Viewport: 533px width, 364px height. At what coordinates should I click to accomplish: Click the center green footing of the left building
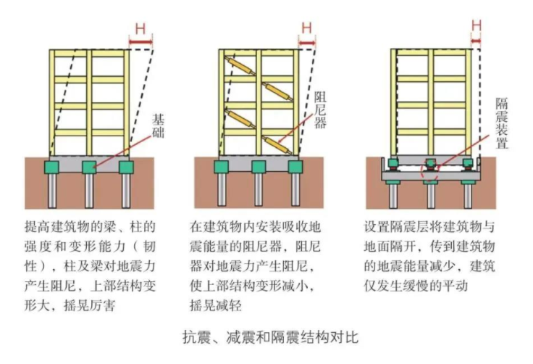(90, 167)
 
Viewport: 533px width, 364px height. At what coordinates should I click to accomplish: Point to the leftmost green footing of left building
(53, 167)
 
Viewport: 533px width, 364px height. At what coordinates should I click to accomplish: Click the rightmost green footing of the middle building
(295, 167)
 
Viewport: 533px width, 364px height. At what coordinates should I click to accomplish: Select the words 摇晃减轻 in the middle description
(215, 305)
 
